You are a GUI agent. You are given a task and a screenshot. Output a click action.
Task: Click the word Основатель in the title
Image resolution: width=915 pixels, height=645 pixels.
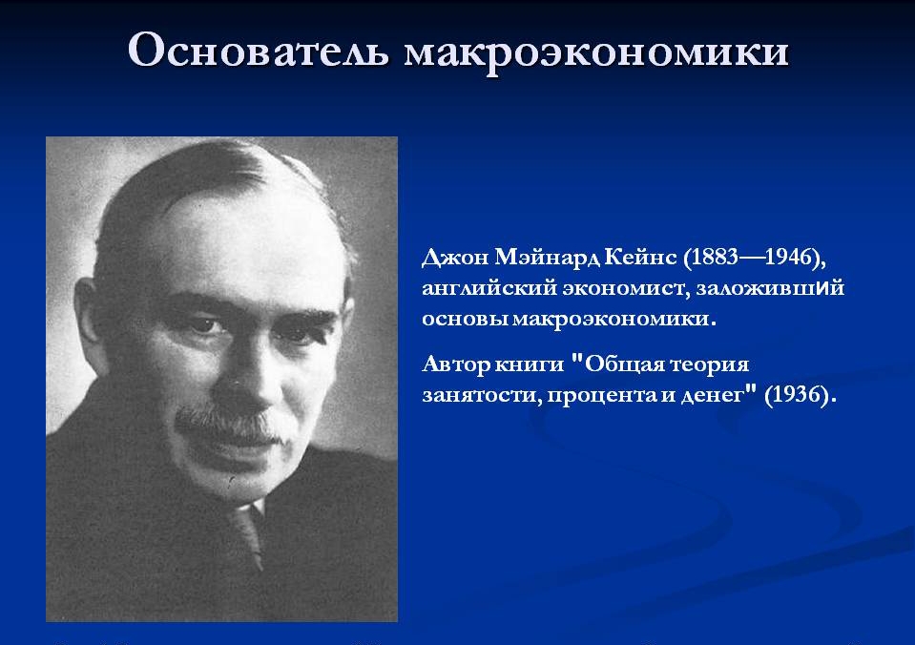pos(258,51)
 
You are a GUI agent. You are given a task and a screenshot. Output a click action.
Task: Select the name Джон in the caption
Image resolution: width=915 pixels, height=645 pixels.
pos(455,258)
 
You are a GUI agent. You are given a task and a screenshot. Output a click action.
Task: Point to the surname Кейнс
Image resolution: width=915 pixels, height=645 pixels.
pos(640,257)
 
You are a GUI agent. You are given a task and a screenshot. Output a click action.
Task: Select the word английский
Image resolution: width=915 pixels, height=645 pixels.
pos(489,288)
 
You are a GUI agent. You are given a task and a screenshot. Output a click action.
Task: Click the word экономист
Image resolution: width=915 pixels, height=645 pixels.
pos(626,288)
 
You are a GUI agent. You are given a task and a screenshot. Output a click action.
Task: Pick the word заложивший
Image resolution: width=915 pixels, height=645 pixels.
pos(770,288)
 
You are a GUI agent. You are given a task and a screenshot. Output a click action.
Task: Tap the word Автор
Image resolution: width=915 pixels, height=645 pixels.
pos(456,364)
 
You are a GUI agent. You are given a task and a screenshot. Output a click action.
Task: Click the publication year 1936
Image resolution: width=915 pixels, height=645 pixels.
pos(796,395)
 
